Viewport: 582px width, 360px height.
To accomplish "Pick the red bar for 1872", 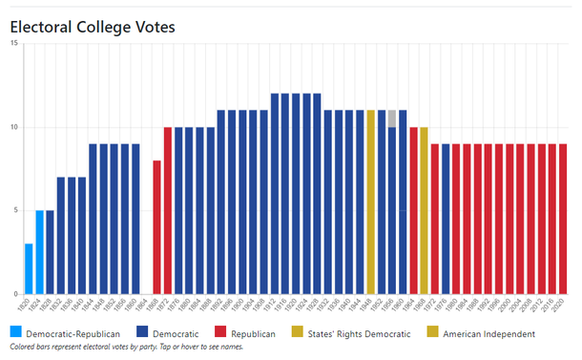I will click(168, 210).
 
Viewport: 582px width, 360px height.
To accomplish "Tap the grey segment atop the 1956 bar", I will click(392, 118).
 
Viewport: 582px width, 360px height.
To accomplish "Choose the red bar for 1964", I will click(413, 210).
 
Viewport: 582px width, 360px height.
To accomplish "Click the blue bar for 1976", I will click(446, 219).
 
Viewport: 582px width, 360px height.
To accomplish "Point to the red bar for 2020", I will click(563, 219).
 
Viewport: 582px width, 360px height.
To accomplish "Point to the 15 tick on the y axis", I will click(13, 45).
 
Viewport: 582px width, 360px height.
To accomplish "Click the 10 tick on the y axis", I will click(13, 128).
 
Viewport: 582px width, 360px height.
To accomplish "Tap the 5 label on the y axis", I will click(15, 211).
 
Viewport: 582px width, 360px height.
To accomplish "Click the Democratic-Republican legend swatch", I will click(16, 333).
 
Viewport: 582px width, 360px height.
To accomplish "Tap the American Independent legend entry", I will click(488, 333).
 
